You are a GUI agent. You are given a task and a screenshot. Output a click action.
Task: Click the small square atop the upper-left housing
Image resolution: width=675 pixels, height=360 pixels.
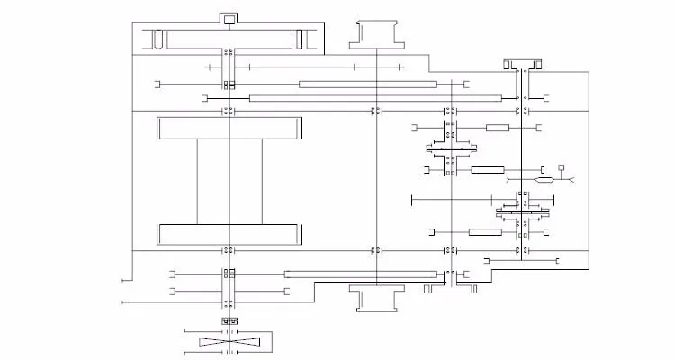click(x=229, y=19)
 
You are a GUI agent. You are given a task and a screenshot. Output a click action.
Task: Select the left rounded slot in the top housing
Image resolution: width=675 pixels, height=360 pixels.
click(x=157, y=39)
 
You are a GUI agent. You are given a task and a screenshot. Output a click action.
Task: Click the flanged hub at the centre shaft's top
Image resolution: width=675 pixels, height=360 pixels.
click(x=374, y=32)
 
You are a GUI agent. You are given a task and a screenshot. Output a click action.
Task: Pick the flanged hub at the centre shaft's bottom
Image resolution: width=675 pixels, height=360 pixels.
click(x=374, y=298)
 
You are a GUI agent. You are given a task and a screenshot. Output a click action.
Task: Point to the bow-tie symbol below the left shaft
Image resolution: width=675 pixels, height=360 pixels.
click(x=229, y=342)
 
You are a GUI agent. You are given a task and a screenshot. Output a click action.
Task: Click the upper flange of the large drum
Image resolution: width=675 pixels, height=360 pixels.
click(x=229, y=128)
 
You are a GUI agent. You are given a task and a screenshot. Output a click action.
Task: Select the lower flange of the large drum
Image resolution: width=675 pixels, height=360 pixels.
click(x=229, y=234)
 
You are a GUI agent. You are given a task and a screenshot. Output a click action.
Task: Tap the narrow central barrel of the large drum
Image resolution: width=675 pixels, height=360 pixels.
click(x=229, y=181)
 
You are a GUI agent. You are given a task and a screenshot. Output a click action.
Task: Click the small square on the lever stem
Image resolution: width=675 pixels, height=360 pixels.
click(x=562, y=167)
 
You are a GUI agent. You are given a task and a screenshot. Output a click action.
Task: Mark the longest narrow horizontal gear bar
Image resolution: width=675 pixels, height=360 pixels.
click(x=374, y=97)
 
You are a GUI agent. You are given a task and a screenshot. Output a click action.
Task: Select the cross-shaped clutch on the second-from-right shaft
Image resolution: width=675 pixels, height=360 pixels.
click(x=449, y=148)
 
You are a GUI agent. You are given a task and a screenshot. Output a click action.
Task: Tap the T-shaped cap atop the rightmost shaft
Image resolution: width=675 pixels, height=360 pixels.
click(x=522, y=64)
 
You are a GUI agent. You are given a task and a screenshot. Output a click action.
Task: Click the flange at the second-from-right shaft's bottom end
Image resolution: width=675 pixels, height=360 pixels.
click(x=448, y=288)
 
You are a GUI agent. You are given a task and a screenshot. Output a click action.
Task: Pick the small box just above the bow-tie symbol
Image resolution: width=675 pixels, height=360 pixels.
click(x=229, y=321)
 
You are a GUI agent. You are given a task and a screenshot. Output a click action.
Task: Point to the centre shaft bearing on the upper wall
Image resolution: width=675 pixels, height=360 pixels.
click(x=374, y=111)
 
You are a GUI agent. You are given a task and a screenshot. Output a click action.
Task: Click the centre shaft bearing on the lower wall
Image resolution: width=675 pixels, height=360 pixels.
click(x=374, y=250)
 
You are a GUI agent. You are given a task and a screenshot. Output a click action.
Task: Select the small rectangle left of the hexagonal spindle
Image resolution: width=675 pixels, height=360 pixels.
click(x=487, y=169)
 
